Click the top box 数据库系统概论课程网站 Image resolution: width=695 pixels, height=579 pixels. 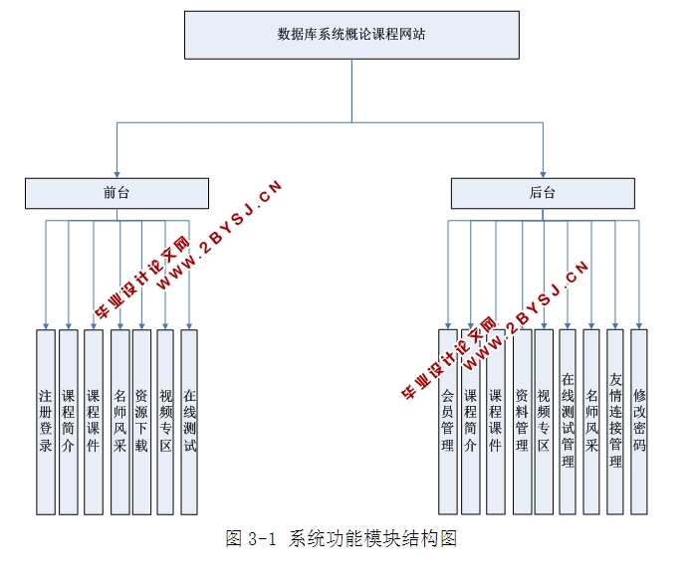tap(351, 34)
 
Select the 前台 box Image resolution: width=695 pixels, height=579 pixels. tap(116, 193)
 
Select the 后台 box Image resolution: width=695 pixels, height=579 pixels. tap(543, 193)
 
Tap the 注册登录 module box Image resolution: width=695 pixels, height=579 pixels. tap(45, 421)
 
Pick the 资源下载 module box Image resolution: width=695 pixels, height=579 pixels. tap(141, 421)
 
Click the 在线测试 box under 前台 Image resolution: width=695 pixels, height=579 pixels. tap(189, 421)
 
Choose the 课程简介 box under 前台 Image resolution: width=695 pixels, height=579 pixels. tap(69, 421)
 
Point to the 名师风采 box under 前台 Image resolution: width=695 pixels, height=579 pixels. tap(119, 421)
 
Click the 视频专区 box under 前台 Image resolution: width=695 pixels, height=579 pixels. tap(165, 421)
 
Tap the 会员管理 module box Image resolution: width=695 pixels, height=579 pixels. tap(447, 421)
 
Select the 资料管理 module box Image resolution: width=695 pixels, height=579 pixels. tap(521, 421)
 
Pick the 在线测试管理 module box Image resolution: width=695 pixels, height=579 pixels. tap(568, 421)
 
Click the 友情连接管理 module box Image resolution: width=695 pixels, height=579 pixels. tap(615, 421)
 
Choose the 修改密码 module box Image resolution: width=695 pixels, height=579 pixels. tap(639, 421)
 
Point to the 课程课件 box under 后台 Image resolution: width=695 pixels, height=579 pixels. tap(495, 421)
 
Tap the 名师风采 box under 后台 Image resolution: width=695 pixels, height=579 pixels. tap(591, 421)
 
